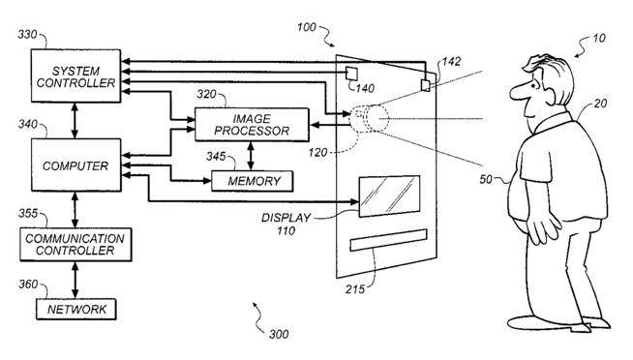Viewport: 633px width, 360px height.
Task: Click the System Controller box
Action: click(75, 75)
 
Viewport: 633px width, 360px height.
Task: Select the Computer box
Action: click(75, 165)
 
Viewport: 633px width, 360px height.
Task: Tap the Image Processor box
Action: click(252, 125)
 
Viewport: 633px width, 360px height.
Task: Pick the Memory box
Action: click(253, 181)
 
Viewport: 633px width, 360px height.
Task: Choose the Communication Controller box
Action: click(75, 245)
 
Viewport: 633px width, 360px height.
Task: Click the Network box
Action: click(76, 310)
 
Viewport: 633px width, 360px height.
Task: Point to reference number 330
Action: click(27, 35)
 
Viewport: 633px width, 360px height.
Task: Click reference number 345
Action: click(216, 156)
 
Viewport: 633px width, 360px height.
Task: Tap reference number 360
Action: click(28, 285)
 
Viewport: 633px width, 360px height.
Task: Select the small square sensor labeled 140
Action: click(351, 74)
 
